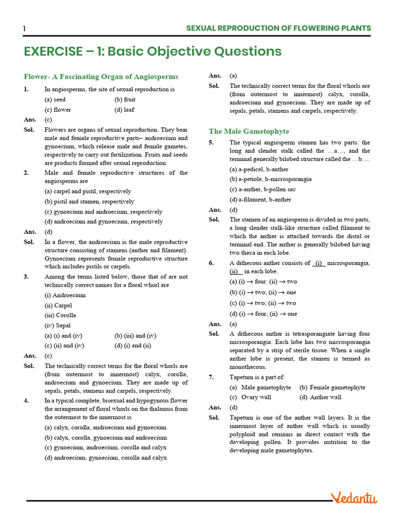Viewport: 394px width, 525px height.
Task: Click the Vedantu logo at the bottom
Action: coord(353,498)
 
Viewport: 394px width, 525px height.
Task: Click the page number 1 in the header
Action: coord(24,29)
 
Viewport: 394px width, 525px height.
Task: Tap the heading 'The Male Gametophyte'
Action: coord(249,131)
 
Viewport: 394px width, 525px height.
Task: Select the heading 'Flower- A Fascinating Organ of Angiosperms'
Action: coord(101,76)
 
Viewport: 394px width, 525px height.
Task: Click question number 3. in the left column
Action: coord(26,277)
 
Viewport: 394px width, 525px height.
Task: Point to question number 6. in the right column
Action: coord(211,263)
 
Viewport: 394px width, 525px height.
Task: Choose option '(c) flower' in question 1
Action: coord(58,110)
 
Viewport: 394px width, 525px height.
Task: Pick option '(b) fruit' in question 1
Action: coord(125,99)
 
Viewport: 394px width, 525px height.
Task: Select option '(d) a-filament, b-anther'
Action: coord(260,199)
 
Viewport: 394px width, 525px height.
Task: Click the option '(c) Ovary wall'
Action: coord(250,397)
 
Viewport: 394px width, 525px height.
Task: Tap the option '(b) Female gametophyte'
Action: coord(332,387)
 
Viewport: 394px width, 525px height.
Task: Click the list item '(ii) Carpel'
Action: coord(58,305)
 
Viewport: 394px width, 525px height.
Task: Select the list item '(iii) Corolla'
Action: coord(60,315)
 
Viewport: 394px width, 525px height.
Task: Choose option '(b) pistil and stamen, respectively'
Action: coord(89,201)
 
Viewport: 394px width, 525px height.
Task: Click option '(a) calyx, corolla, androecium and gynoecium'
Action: coord(105,427)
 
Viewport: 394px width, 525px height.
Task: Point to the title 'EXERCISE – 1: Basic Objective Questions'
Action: coord(152,51)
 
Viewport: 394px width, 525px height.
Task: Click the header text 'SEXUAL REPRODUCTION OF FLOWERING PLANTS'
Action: coord(278,28)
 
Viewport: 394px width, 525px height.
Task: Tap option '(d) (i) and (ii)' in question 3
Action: coord(133,346)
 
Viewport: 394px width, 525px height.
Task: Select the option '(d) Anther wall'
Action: coord(321,397)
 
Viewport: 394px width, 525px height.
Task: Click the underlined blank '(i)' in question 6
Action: coord(319,263)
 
